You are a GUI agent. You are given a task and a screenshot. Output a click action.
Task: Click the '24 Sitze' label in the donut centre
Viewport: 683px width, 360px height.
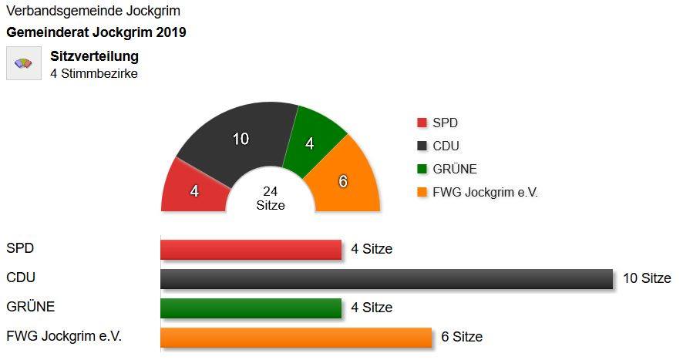point(271,198)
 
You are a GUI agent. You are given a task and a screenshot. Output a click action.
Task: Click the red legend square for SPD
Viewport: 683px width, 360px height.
point(422,123)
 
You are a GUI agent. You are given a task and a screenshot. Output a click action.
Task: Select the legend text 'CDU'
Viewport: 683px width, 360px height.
point(446,146)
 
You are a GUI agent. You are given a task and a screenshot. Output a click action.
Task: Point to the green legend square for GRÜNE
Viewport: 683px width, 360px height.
point(422,169)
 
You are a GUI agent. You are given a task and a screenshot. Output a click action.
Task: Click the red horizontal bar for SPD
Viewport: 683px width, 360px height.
point(251,249)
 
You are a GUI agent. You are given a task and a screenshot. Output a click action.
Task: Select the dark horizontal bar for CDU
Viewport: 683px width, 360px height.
point(385,278)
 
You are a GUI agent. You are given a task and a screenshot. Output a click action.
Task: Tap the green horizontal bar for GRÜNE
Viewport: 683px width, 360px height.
point(251,308)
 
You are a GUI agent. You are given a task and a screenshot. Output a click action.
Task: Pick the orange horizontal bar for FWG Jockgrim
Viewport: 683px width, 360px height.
point(295,337)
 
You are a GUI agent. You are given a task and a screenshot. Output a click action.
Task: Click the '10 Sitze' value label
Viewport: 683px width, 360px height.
point(647,278)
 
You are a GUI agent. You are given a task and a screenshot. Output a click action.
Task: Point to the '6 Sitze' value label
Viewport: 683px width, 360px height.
point(462,337)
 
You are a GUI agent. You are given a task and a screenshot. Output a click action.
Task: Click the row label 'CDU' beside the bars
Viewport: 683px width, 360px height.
point(21,278)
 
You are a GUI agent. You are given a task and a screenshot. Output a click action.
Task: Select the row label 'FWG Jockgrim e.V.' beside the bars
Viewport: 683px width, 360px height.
point(64,336)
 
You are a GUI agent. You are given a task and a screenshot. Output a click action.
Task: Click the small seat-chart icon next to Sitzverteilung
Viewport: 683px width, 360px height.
point(24,63)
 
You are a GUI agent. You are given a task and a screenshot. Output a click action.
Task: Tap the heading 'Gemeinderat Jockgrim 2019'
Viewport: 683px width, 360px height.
point(96,33)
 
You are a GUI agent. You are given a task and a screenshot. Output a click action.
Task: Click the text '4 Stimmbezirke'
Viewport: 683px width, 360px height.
point(94,74)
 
